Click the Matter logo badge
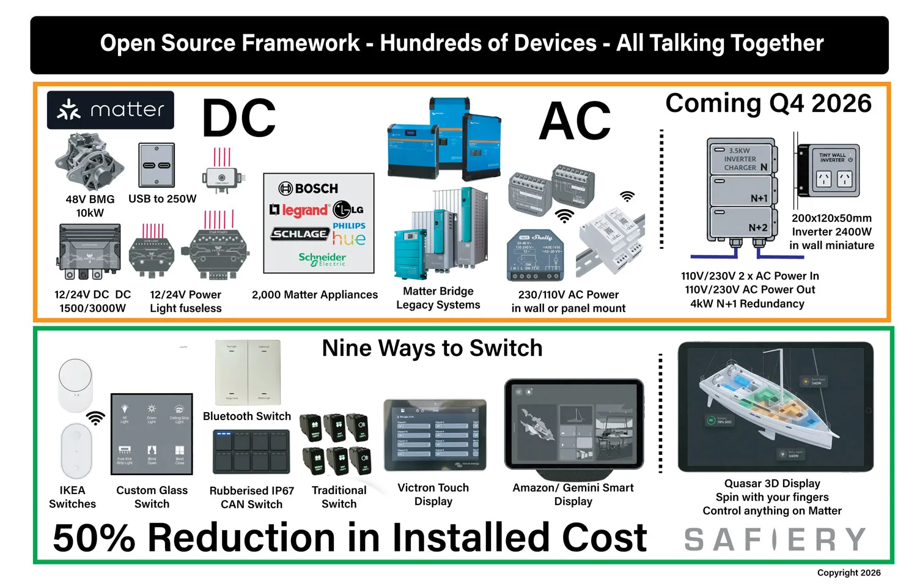111,110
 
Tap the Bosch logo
308,188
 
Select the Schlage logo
299,234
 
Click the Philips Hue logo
349,234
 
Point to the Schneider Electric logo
322,259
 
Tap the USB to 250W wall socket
157,165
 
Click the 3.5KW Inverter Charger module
742,158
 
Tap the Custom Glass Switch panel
152,434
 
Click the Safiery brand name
775,539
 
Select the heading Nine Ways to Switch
432,348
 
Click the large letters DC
238,119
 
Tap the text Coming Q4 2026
768,103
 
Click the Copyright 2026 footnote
849,573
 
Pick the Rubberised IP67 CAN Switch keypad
251,452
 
